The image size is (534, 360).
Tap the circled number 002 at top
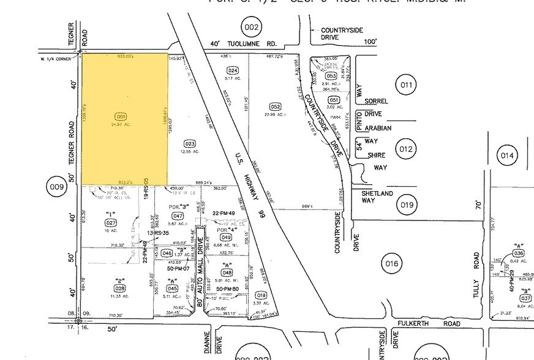tap(251, 27)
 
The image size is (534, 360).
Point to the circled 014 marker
tap(507, 156)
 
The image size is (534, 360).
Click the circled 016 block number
tap(392, 264)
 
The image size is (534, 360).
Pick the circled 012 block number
tap(406, 149)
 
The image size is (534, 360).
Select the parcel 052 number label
tap(276, 107)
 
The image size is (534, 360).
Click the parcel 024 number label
tap(233, 70)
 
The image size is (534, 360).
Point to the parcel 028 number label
tap(119, 287)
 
